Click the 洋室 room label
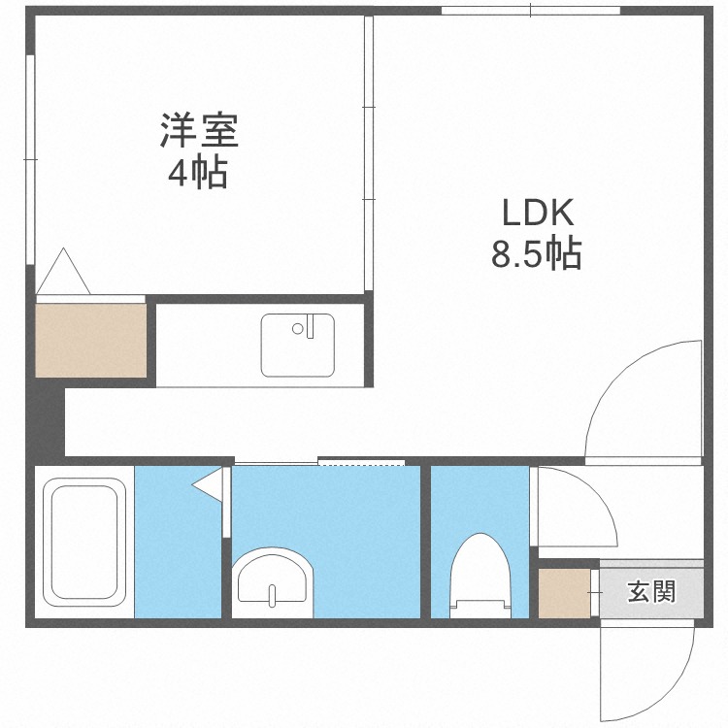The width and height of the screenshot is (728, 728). pos(199,132)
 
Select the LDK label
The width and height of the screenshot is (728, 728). pos(538,212)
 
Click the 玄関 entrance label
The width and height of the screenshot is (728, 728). pos(650,589)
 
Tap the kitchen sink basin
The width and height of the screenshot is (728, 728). pos(296,345)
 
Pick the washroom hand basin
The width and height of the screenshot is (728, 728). pos(273,581)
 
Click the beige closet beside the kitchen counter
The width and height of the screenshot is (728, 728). pos(90,340)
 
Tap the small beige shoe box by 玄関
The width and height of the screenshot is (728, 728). pos(563,593)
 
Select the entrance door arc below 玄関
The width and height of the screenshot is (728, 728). pos(660,670)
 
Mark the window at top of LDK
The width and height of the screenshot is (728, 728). pos(530,11)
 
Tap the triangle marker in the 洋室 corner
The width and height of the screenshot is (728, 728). pos(65,272)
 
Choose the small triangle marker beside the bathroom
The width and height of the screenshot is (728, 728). pos(207,483)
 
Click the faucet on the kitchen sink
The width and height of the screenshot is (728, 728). pos(312,326)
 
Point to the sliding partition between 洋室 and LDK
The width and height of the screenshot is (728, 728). pos(369,155)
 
